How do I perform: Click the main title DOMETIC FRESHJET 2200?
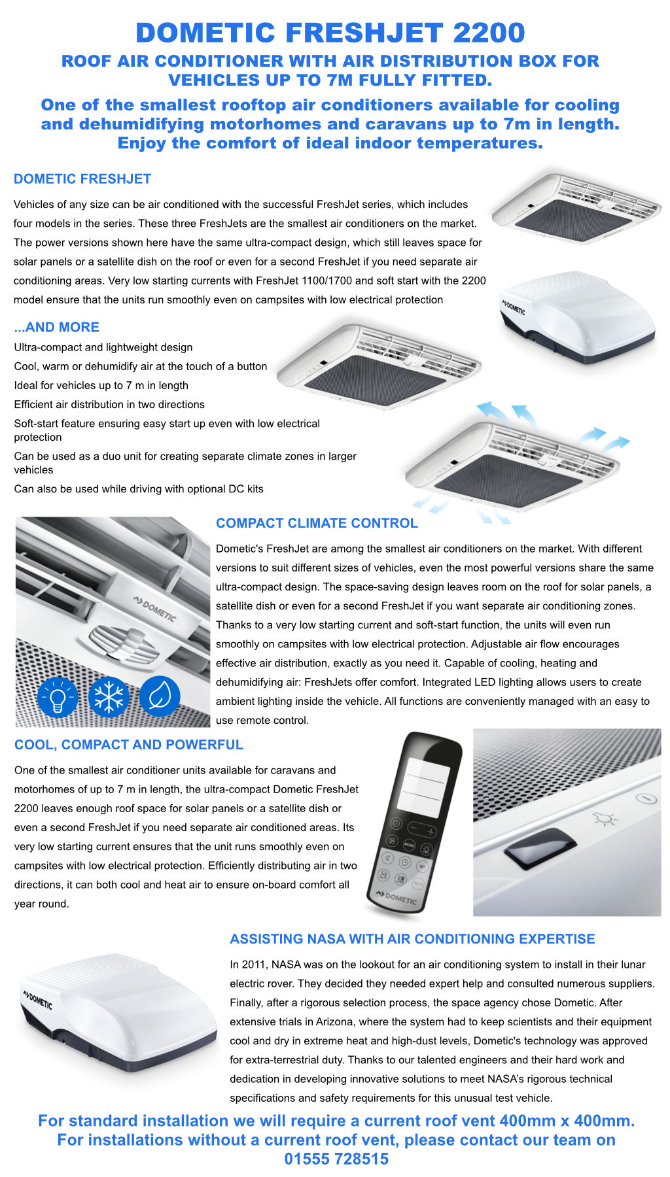coord(330,33)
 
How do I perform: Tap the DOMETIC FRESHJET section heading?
coord(82,179)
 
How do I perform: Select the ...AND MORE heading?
coord(57,327)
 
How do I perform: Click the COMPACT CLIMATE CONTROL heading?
coord(317,523)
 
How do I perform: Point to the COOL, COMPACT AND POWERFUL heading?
coord(129,745)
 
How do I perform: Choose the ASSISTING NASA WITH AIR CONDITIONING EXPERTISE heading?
coord(412,939)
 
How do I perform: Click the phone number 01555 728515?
coord(336,1159)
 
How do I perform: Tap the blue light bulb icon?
coord(58,697)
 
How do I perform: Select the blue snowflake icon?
coord(109,697)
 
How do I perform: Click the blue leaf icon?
coord(160,697)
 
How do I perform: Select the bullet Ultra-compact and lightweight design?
coord(103,347)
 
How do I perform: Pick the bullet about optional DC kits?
coord(139,488)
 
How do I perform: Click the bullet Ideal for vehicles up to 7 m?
coord(101,385)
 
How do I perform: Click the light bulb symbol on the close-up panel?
coord(605,818)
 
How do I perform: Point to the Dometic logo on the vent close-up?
coord(155,609)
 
